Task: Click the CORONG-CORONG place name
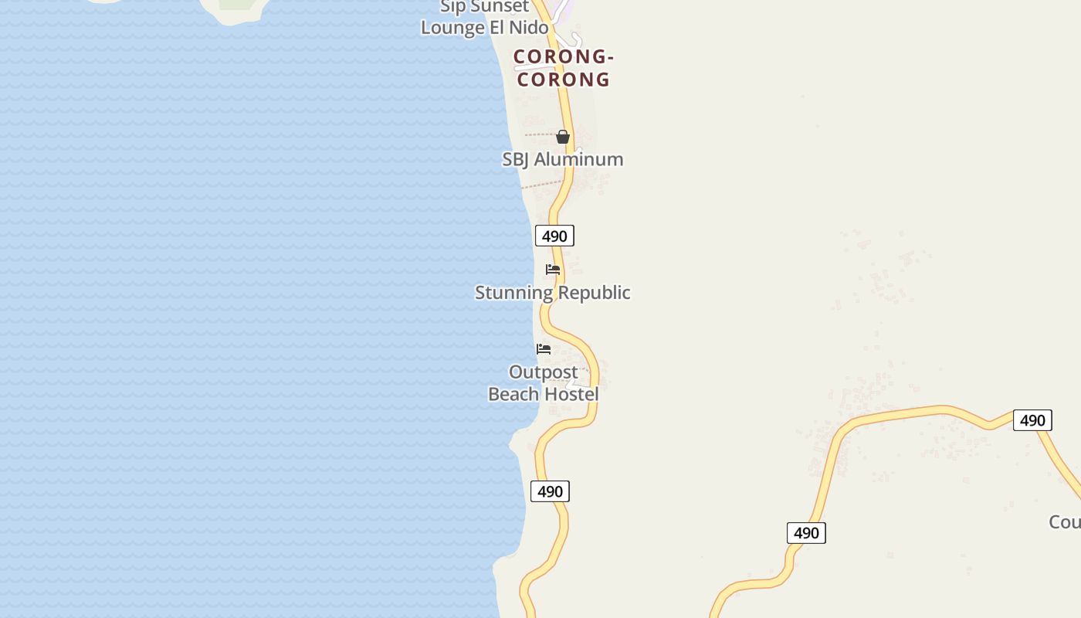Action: coord(563,68)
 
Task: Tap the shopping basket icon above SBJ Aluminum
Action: coord(563,137)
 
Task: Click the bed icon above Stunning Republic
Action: coord(553,270)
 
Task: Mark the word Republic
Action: coord(595,293)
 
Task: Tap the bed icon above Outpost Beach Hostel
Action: coord(544,349)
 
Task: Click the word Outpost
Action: coord(544,372)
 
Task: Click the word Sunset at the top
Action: coord(496,7)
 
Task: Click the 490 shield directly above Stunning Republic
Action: coord(554,236)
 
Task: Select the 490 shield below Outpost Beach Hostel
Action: coord(550,491)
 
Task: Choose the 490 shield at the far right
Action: coord(1032,420)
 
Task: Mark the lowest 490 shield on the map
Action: coord(806,533)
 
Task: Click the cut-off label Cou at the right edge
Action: coord(1065,522)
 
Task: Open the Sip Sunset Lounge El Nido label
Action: coord(485,18)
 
